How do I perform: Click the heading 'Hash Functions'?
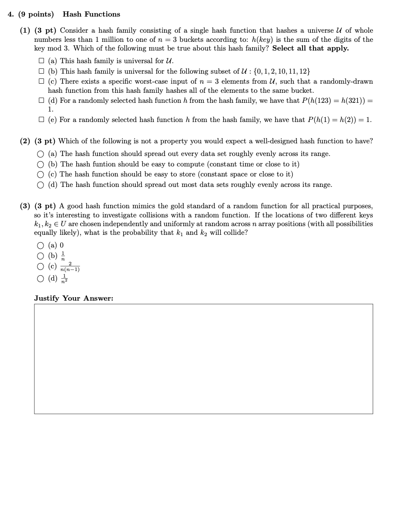91,14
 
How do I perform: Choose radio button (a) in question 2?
40,154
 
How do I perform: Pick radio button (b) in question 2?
40,164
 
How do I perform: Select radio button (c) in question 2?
40,174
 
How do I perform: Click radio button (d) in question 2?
40,185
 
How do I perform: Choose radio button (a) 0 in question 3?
40,245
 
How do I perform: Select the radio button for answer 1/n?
40,256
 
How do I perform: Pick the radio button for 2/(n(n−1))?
40,267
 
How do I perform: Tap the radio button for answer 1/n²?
40,278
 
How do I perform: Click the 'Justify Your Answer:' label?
74,298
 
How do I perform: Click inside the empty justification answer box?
203,359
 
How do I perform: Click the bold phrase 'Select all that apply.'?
310,48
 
